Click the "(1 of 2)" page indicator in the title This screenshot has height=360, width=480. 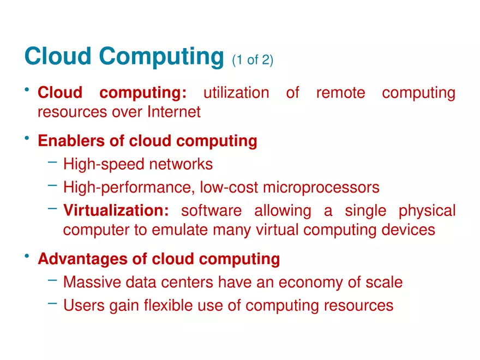tap(253, 59)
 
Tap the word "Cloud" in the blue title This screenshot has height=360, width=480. tap(58, 56)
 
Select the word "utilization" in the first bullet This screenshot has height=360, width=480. tap(236, 93)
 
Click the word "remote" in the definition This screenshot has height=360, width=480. tap(341, 93)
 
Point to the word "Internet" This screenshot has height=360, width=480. tap(174, 112)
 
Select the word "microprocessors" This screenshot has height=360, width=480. tap(321, 187)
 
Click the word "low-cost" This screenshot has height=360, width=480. tap(229, 187)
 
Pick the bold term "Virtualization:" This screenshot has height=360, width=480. tap(116, 211)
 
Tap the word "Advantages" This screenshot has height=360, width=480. tap(83, 259)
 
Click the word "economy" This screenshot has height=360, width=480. tap(310, 283)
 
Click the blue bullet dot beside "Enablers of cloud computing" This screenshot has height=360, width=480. tap(27, 138)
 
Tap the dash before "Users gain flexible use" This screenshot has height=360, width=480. tap(52, 304)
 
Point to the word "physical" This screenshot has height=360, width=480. tap(427, 211)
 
